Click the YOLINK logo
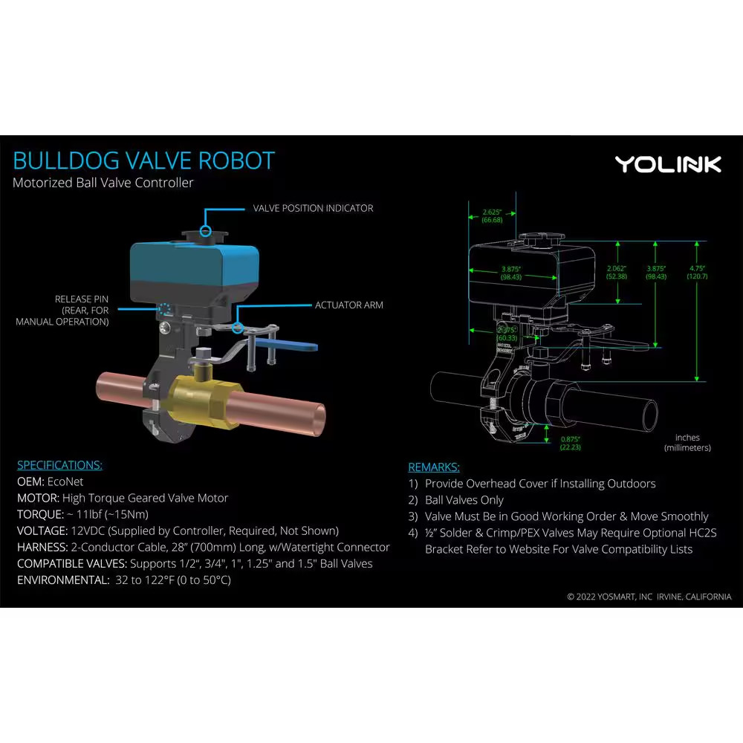pyautogui.click(x=667, y=164)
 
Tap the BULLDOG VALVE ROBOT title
pyautogui.click(x=144, y=160)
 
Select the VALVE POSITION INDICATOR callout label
pyautogui.click(x=313, y=208)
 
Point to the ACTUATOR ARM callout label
pyautogui.click(x=348, y=305)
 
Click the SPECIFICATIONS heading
pyautogui.click(x=59, y=465)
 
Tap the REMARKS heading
pyautogui.click(x=434, y=467)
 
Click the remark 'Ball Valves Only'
pyautogui.click(x=464, y=500)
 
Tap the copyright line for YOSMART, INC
pyautogui.click(x=649, y=597)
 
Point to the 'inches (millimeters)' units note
pyautogui.click(x=687, y=443)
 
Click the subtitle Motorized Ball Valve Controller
pyautogui.click(x=103, y=183)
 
